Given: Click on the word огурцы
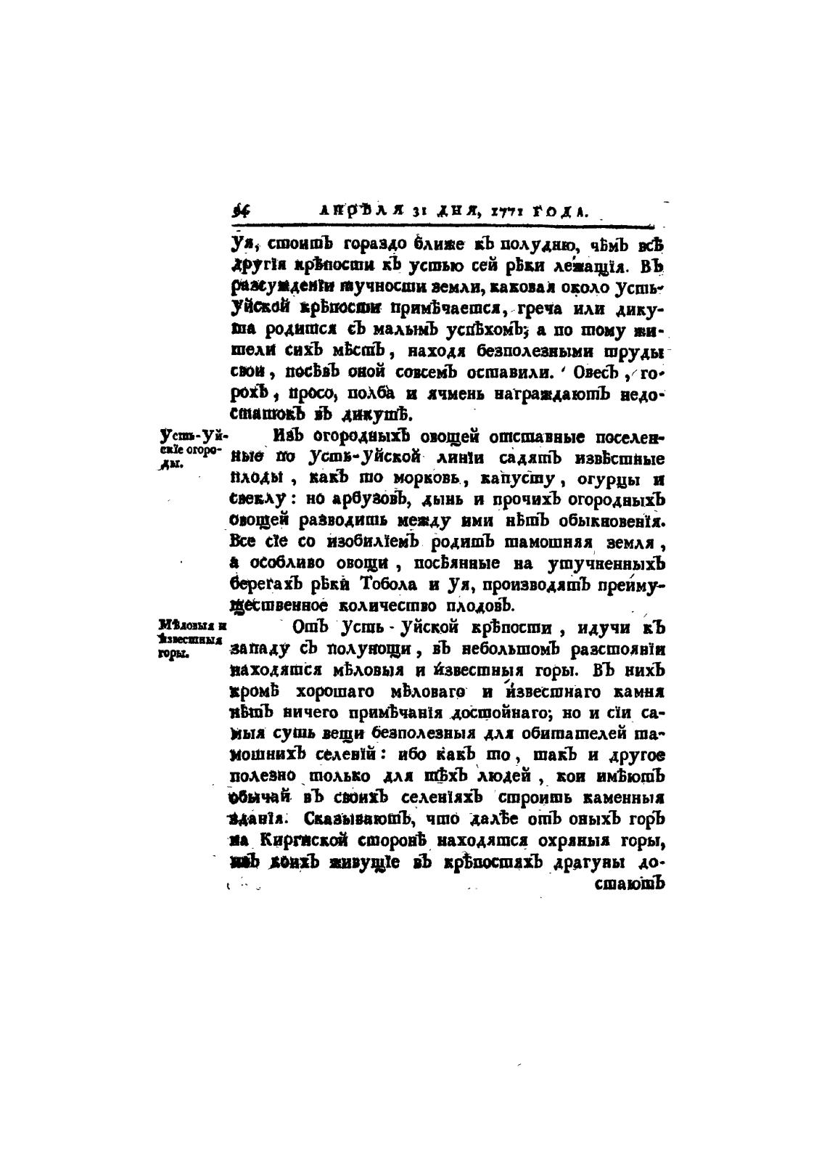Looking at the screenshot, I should pos(604,481).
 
